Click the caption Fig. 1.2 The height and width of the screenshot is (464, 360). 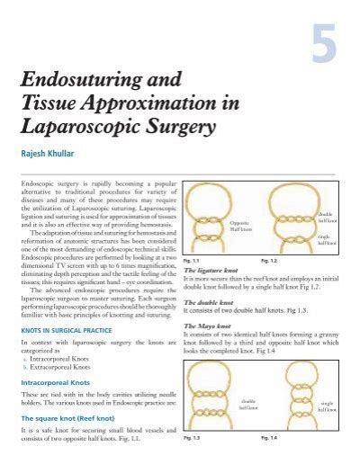tap(268, 261)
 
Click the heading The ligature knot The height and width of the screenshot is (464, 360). tap(214, 270)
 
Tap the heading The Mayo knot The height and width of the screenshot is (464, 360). tap(209, 326)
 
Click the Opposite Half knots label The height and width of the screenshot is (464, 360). tap(239, 225)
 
